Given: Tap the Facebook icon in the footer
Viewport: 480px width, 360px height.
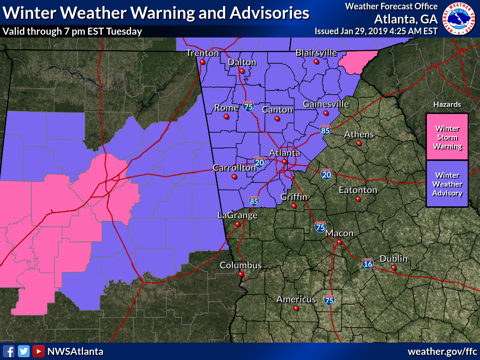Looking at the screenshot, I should (8, 351).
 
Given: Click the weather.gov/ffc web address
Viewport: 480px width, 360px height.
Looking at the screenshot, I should (442, 351).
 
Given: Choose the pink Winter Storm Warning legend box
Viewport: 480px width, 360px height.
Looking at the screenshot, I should (447, 137).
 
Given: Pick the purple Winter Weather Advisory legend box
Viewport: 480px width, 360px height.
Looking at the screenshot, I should (447, 184).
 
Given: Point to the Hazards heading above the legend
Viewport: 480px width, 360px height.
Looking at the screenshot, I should (447, 105).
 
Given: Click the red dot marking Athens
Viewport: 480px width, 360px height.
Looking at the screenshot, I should (359, 143).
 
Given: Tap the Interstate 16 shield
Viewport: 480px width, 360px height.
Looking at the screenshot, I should (368, 264).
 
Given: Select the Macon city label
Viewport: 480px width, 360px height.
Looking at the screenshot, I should (339, 233).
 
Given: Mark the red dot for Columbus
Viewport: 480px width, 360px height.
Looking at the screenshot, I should (240, 274).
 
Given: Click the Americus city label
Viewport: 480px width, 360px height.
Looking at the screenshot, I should (296, 299).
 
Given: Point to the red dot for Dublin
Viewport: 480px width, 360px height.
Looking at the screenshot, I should (393, 268).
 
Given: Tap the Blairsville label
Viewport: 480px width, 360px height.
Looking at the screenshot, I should (316, 53).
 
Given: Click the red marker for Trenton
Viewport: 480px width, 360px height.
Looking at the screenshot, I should (202, 61).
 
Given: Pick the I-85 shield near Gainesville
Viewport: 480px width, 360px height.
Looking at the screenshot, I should (325, 130).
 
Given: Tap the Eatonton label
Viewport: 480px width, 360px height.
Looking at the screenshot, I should (358, 190).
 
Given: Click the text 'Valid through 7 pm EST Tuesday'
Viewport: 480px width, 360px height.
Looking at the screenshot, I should (72, 31).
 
